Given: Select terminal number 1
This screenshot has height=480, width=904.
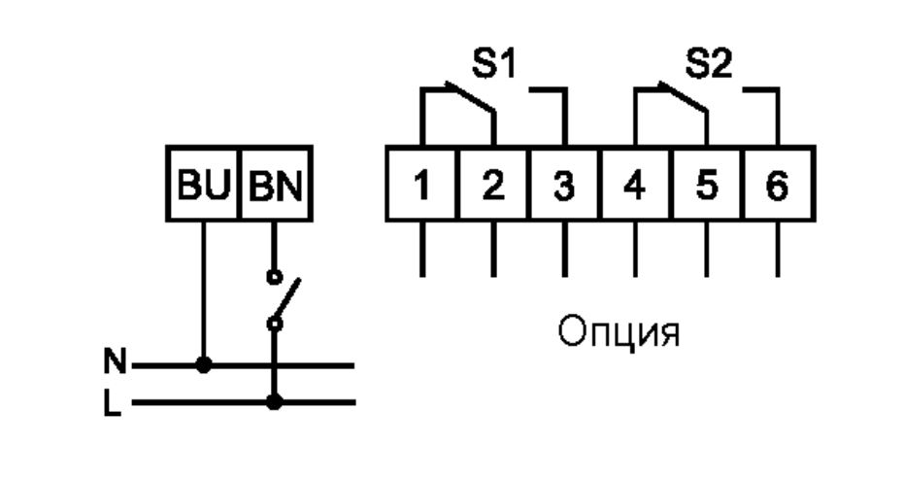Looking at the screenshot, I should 421,185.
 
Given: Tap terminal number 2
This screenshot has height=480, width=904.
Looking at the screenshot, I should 492,185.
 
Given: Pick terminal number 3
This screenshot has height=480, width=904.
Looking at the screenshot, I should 564,185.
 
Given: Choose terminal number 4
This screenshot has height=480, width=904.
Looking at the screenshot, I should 635,185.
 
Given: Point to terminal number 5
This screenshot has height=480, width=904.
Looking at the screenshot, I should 707,185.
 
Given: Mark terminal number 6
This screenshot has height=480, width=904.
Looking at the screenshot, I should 778,185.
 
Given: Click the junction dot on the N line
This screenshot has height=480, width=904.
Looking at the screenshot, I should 203,366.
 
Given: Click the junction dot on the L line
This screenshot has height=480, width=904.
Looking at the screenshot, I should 275,401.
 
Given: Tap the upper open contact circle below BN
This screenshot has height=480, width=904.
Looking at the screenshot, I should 275,276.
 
